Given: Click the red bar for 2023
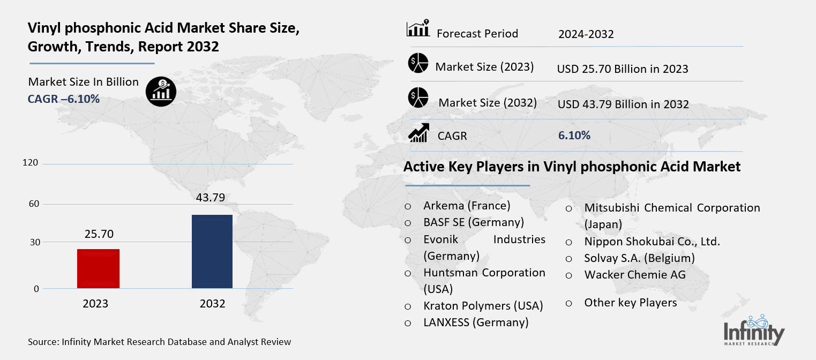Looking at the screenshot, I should click(x=98, y=268).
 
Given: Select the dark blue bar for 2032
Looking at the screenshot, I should click(x=212, y=251).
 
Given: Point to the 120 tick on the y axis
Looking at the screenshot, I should click(x=31, y=163).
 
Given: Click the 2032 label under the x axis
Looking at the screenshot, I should click(x=213, y=304).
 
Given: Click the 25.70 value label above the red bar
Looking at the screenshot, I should click(x=99, y=234).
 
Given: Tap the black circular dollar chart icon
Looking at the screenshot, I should click(x=161, y=91).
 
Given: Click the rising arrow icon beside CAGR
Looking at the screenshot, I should click(x=418, y=133).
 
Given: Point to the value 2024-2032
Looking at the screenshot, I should click(x=586, y=34).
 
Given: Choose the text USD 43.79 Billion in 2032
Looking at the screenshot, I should click(x=623, y=104).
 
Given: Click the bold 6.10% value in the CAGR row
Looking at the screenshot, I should click(x=574, y=136).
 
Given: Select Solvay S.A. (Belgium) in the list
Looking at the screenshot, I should click(x=639, y=258).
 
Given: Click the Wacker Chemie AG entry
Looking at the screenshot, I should click(x=635, y=275).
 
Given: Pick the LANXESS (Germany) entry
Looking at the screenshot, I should click(x=476, y=322).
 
